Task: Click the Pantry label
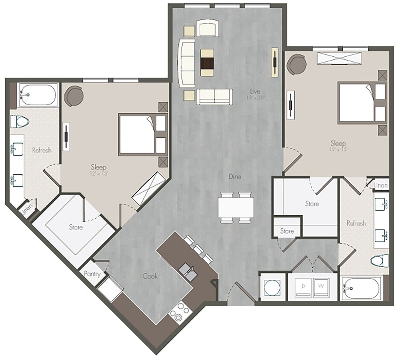[92, 274]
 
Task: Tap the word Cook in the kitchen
[150, 276]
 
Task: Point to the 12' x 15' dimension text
[338, 150]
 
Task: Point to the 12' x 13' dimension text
[98, 174]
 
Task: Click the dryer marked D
[303, 286]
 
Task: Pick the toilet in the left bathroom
[19, 122]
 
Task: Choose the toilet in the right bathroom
[380, 260]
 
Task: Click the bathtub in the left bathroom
[38, 95]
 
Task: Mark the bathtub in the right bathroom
[362, 288]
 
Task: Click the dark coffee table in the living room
[207, 62]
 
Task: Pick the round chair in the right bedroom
[296, 64]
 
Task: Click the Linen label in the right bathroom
[380, 186]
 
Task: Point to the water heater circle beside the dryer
[272, 287]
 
